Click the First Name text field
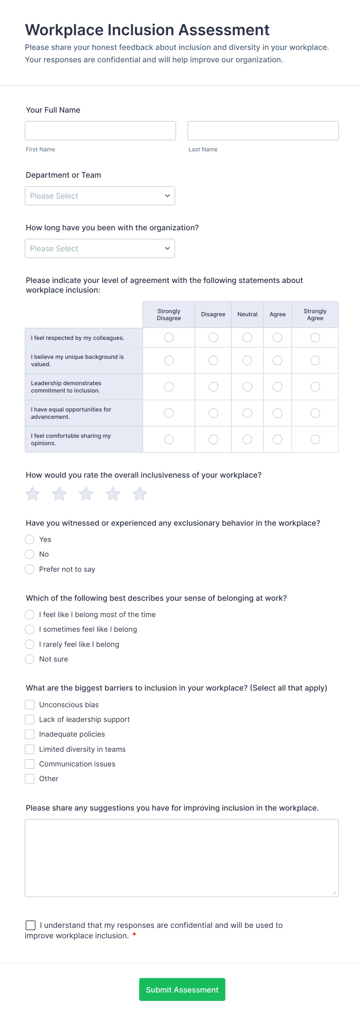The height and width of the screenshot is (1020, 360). [x=100, y=131]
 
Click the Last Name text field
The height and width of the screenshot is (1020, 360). [x=262, y=131]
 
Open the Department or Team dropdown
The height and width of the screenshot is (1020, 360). [x=100, y=195]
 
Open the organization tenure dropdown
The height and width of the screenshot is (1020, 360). [x=100, y=248]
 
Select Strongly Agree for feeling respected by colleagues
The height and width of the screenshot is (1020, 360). [x=315, y=338]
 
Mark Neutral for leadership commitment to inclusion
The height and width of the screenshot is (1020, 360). [x=247, y=386]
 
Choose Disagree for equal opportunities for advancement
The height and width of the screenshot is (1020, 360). [x=213, y=413]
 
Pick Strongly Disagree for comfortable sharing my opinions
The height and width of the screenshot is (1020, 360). [x=169, y=439]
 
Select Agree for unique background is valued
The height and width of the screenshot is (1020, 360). [x=277, y=360]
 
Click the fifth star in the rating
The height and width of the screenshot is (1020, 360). [x=139, y=494]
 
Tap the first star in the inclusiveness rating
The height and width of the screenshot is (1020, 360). [x=33, y=494]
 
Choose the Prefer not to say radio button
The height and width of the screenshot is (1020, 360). [x=30, y=569]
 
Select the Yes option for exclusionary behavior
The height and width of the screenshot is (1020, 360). [x=30, y=539]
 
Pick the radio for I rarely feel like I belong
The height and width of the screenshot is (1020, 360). [x=30, y=644]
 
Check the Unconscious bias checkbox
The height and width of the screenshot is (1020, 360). [x=30, y=705]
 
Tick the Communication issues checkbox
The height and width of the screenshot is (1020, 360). [x=30, y=764]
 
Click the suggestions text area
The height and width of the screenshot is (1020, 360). [x=182, y=858]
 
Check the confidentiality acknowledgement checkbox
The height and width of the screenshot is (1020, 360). [x=31, y=925]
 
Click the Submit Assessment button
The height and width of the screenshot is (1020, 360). [x=182, y=989]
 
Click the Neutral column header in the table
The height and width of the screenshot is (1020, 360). [x=247, y=314]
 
